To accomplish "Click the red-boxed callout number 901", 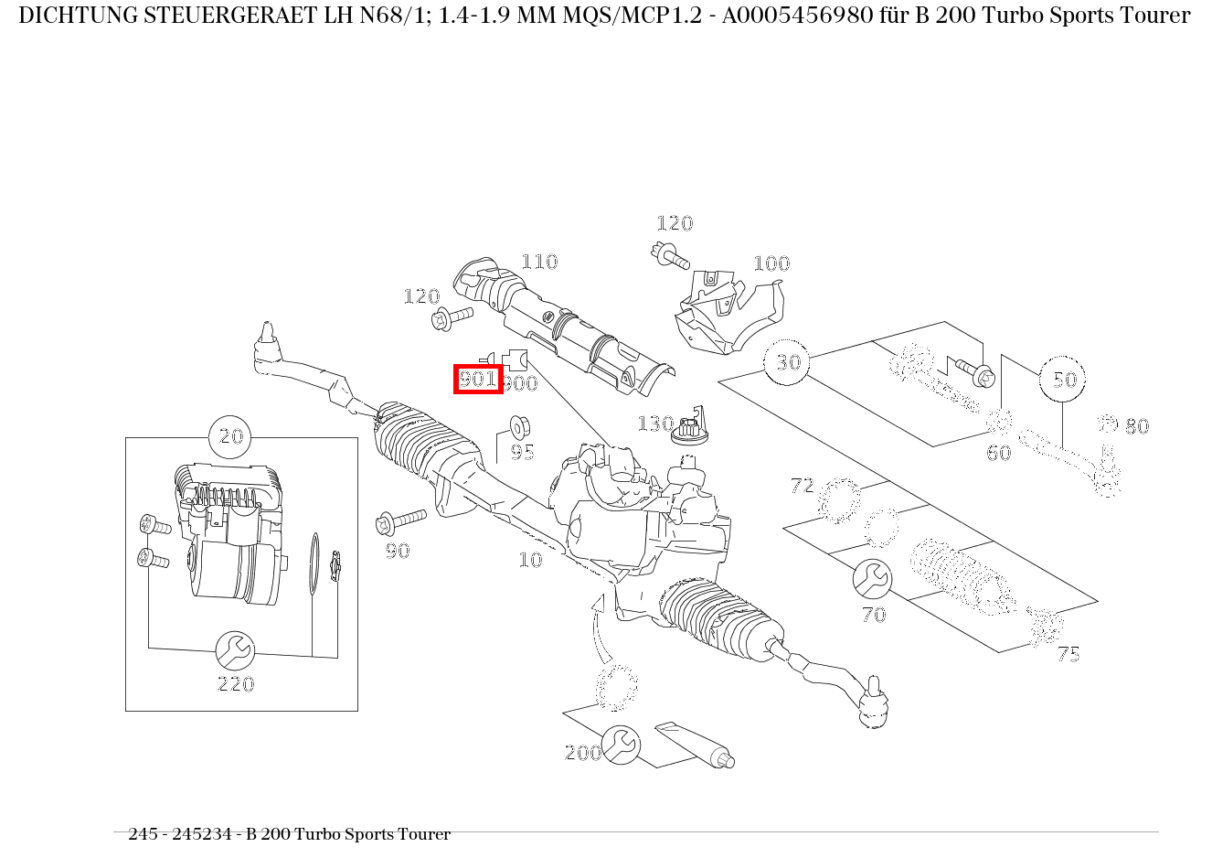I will pos(478,379).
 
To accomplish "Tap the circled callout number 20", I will pos(231,437).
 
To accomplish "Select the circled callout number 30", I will pos(787,363).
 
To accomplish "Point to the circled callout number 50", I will pos(1063,380).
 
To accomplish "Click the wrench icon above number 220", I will pos(235,650).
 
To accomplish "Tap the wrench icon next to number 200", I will pos(621,745).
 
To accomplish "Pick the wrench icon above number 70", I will pos(872,579).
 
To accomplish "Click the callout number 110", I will pos(539,263).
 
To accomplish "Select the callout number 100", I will pos(771,264).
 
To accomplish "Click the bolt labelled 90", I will pos(399,522).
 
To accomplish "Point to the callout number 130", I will pos(654,424).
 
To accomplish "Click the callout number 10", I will pos(530,560).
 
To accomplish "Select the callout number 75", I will pos(1068,655).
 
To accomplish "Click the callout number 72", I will pos(802,486).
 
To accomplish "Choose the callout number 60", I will pos(998,453).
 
